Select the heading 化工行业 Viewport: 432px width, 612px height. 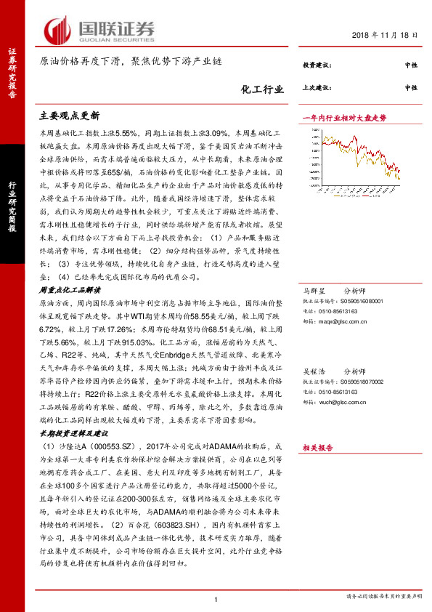tap(263, 90)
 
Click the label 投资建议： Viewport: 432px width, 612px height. tap(317, 66)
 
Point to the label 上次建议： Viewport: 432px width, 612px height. tap(317, 87)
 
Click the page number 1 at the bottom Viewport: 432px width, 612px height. tap(216, 598)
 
